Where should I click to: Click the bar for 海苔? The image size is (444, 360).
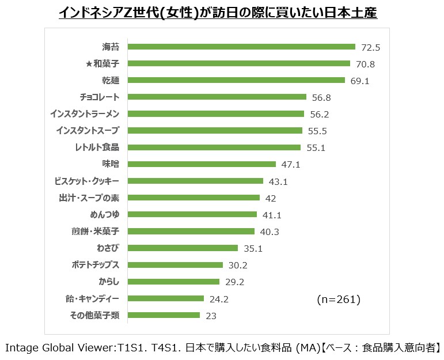(241, 47)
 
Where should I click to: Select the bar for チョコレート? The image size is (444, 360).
(217, 97)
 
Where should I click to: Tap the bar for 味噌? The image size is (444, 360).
(202, 164)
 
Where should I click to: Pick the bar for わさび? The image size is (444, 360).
(183, 248)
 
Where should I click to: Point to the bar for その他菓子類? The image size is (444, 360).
(164, 315)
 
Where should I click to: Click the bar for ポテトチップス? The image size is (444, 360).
(175, 265)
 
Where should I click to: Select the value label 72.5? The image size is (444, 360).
(371, 48)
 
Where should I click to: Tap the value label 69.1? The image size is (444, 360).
(360, 81)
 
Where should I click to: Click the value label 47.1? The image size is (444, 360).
(291, 165)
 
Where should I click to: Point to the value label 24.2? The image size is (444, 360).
(219, 299)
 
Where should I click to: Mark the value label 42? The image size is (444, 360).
(271, 198)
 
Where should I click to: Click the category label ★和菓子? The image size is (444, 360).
(103, 64)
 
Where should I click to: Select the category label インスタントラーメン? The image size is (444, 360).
(85, 114)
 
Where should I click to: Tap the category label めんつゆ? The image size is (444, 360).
(105, 215)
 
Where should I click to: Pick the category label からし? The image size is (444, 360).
(109, 282)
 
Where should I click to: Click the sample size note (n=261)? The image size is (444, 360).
(339, 299)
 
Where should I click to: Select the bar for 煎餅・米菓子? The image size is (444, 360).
(191, 232)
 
